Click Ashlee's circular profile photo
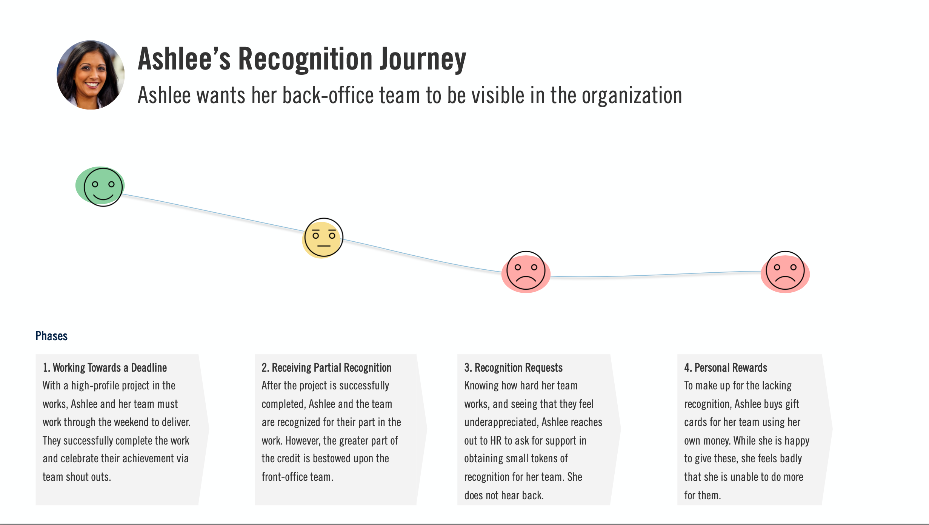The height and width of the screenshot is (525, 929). (x=91, y=75)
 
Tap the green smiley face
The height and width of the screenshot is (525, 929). (x=103, y=187)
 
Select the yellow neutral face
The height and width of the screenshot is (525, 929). (x=323, y=238)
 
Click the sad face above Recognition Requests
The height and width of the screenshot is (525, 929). (x=526, y=271)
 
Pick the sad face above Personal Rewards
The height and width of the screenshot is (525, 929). (x=785, y=271)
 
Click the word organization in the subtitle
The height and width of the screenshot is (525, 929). (x=632, y=96)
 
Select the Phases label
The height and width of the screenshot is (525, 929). (x=51, y=336)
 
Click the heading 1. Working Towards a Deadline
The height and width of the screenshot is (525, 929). (x=105, y=367)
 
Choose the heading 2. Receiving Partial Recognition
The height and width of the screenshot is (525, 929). (x=326, y=367)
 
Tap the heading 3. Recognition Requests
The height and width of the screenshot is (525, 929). (x=513, y=367)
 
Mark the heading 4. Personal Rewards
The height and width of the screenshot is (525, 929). (x=726, y=367)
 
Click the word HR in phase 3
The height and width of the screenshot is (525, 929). (x=495, y=440)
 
